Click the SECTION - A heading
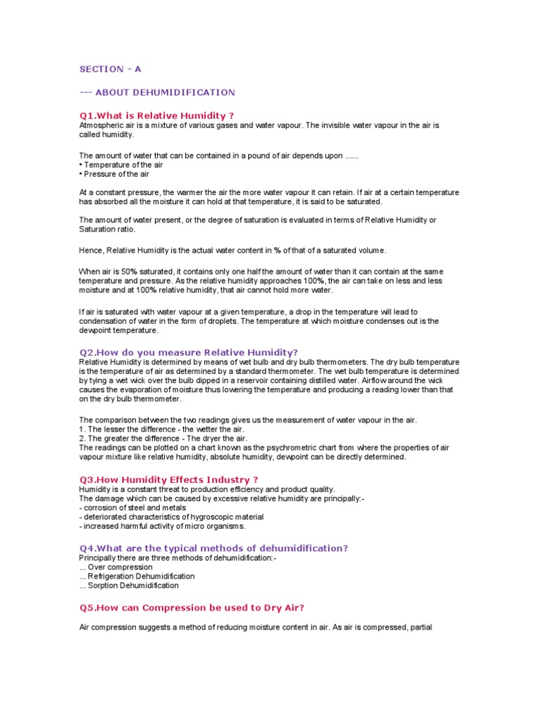114,68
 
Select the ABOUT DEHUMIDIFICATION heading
157,92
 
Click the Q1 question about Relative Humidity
156,115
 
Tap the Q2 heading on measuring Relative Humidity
188,351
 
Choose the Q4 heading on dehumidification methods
213,548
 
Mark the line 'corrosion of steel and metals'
133,507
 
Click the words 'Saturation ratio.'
106,230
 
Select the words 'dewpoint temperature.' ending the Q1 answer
119,330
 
